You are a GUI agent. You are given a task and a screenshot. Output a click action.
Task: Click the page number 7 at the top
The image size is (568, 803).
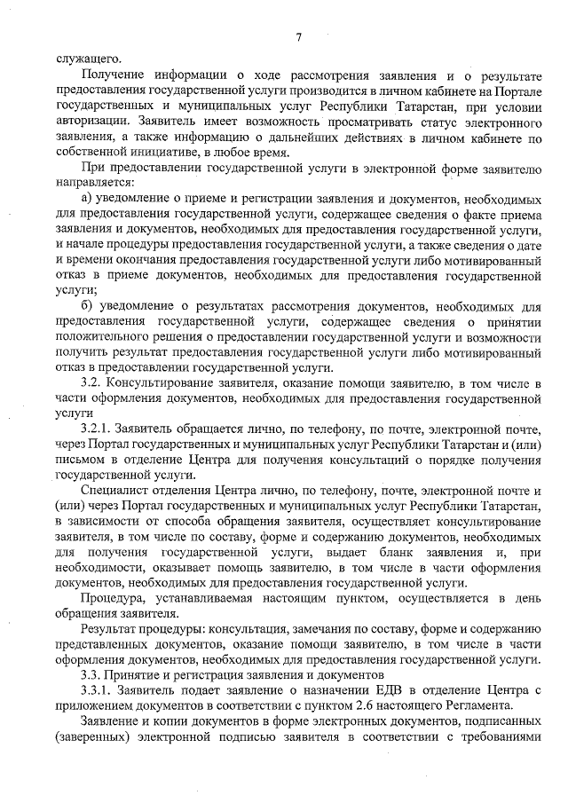(299, 36)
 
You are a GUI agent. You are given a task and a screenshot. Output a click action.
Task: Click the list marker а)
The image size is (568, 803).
(88, 197)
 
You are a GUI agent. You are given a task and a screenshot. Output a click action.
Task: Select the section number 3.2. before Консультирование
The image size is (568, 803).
(91, 383)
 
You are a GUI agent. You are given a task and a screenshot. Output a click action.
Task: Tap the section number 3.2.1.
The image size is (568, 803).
(96, 431)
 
